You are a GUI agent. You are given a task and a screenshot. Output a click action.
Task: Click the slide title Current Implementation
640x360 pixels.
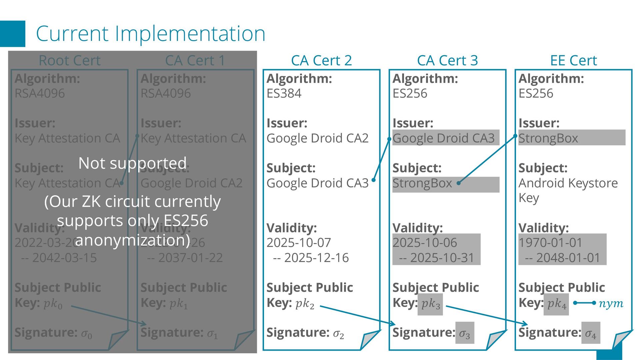coord(150,34)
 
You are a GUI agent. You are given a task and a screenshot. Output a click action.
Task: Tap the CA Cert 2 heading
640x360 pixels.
coord(321,60)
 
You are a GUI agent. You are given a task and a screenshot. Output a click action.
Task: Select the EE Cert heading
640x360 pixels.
coord(573,60)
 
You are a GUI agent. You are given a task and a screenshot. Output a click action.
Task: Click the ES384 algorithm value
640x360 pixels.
coord(284,93)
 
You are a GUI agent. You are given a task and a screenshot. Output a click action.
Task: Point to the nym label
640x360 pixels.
coord(611,303)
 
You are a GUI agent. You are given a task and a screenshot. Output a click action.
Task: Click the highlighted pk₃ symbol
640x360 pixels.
coord(430,304)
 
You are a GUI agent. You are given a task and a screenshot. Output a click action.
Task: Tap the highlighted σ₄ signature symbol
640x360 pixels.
coord(591,333)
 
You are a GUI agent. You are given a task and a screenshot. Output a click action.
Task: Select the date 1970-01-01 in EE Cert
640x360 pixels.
coord(550,242)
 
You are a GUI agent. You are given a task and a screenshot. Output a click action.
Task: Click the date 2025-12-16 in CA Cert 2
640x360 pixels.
coord(316,258)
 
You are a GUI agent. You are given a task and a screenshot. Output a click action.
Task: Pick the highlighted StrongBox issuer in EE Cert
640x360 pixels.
coord(548,138)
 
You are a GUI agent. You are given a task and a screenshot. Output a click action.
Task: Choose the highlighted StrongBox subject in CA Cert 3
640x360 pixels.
coord(422,183)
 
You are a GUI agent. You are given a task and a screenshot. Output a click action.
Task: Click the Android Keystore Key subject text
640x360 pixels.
coord(568,190)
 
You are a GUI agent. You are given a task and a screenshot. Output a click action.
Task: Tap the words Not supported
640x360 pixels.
coord(132,163)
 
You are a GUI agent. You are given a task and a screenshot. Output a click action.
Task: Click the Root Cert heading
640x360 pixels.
coord(69,60)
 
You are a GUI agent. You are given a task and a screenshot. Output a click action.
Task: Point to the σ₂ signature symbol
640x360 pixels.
coord(338,333)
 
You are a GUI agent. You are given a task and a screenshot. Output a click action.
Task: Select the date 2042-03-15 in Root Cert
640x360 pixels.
coord(64,258)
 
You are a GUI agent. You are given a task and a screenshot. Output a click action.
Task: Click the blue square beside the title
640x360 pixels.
coord(13,34)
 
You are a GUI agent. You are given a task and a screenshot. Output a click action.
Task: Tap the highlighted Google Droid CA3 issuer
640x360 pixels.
coord(443,138)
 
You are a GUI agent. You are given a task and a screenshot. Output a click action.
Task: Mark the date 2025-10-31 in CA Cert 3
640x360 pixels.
coord(442,258)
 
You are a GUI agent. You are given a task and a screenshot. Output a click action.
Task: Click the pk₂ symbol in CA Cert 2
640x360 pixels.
coord(305,304)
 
